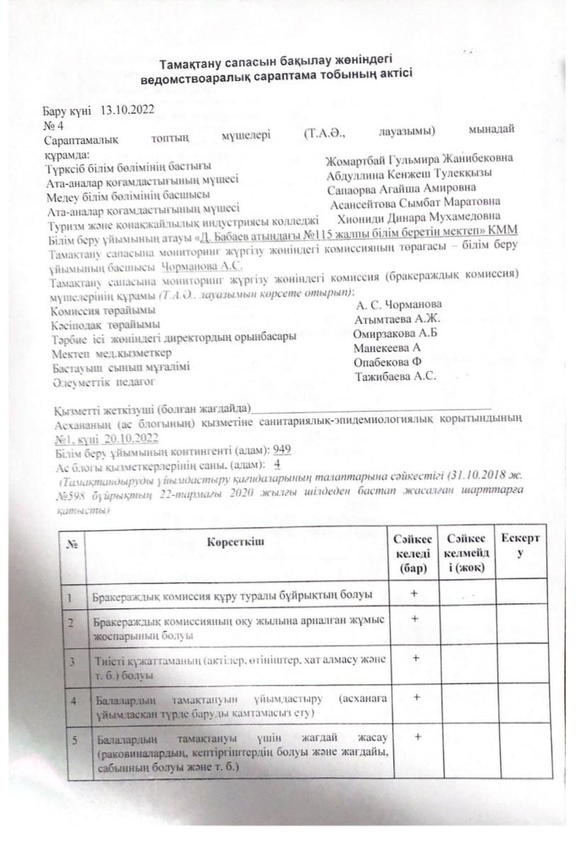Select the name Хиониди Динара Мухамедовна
tap(420, 216)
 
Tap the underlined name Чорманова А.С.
tap(202, 267)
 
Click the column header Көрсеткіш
tap(235, 543)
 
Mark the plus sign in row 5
tap(417, 737)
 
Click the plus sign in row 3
tap(416, 658)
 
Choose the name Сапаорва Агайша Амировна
tap(401, 188)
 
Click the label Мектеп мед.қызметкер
tap(111, 353)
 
